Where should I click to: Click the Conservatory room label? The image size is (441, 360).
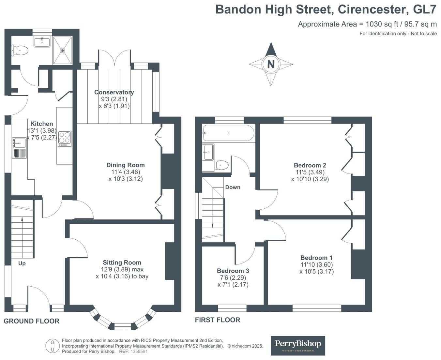point(114,92)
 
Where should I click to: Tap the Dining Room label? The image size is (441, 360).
point(125,165)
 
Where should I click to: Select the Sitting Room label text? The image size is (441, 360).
point(122,262)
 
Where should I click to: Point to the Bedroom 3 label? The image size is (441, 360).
point(233,271)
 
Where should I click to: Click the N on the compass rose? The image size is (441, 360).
point(271,64)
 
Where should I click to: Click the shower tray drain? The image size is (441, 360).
point(62,50)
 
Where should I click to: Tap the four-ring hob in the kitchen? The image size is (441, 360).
point(65,138)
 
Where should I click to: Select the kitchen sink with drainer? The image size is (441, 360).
point(20,148)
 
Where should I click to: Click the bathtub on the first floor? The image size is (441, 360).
point(228,133)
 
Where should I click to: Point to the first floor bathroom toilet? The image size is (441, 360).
point(222,165)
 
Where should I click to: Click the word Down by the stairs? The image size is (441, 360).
point(233,187)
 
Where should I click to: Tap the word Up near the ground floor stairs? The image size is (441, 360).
point(22,263)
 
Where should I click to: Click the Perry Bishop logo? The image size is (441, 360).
point(298,345)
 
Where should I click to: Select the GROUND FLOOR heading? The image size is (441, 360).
point(32,321)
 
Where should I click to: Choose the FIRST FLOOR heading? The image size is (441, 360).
point(218,320)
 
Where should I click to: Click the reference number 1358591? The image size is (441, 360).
point(139,352)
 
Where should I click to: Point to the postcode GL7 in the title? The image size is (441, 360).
point(424,9)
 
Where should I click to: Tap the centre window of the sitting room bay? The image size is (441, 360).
point(123,326)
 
